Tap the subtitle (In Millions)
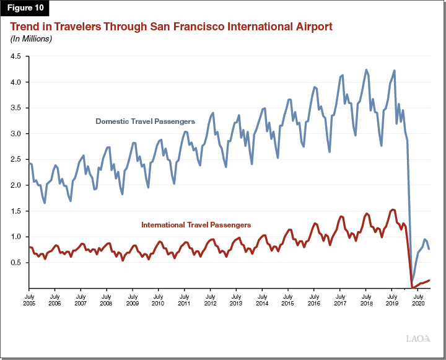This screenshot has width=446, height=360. click(30, 39)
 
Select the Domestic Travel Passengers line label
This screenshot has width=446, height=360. click(145, 121)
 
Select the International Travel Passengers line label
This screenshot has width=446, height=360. click(196, 224)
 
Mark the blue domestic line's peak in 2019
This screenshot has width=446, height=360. click(394, 71)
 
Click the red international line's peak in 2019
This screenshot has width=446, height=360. click(393, 209)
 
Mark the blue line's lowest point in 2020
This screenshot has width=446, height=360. click(413, 286)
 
